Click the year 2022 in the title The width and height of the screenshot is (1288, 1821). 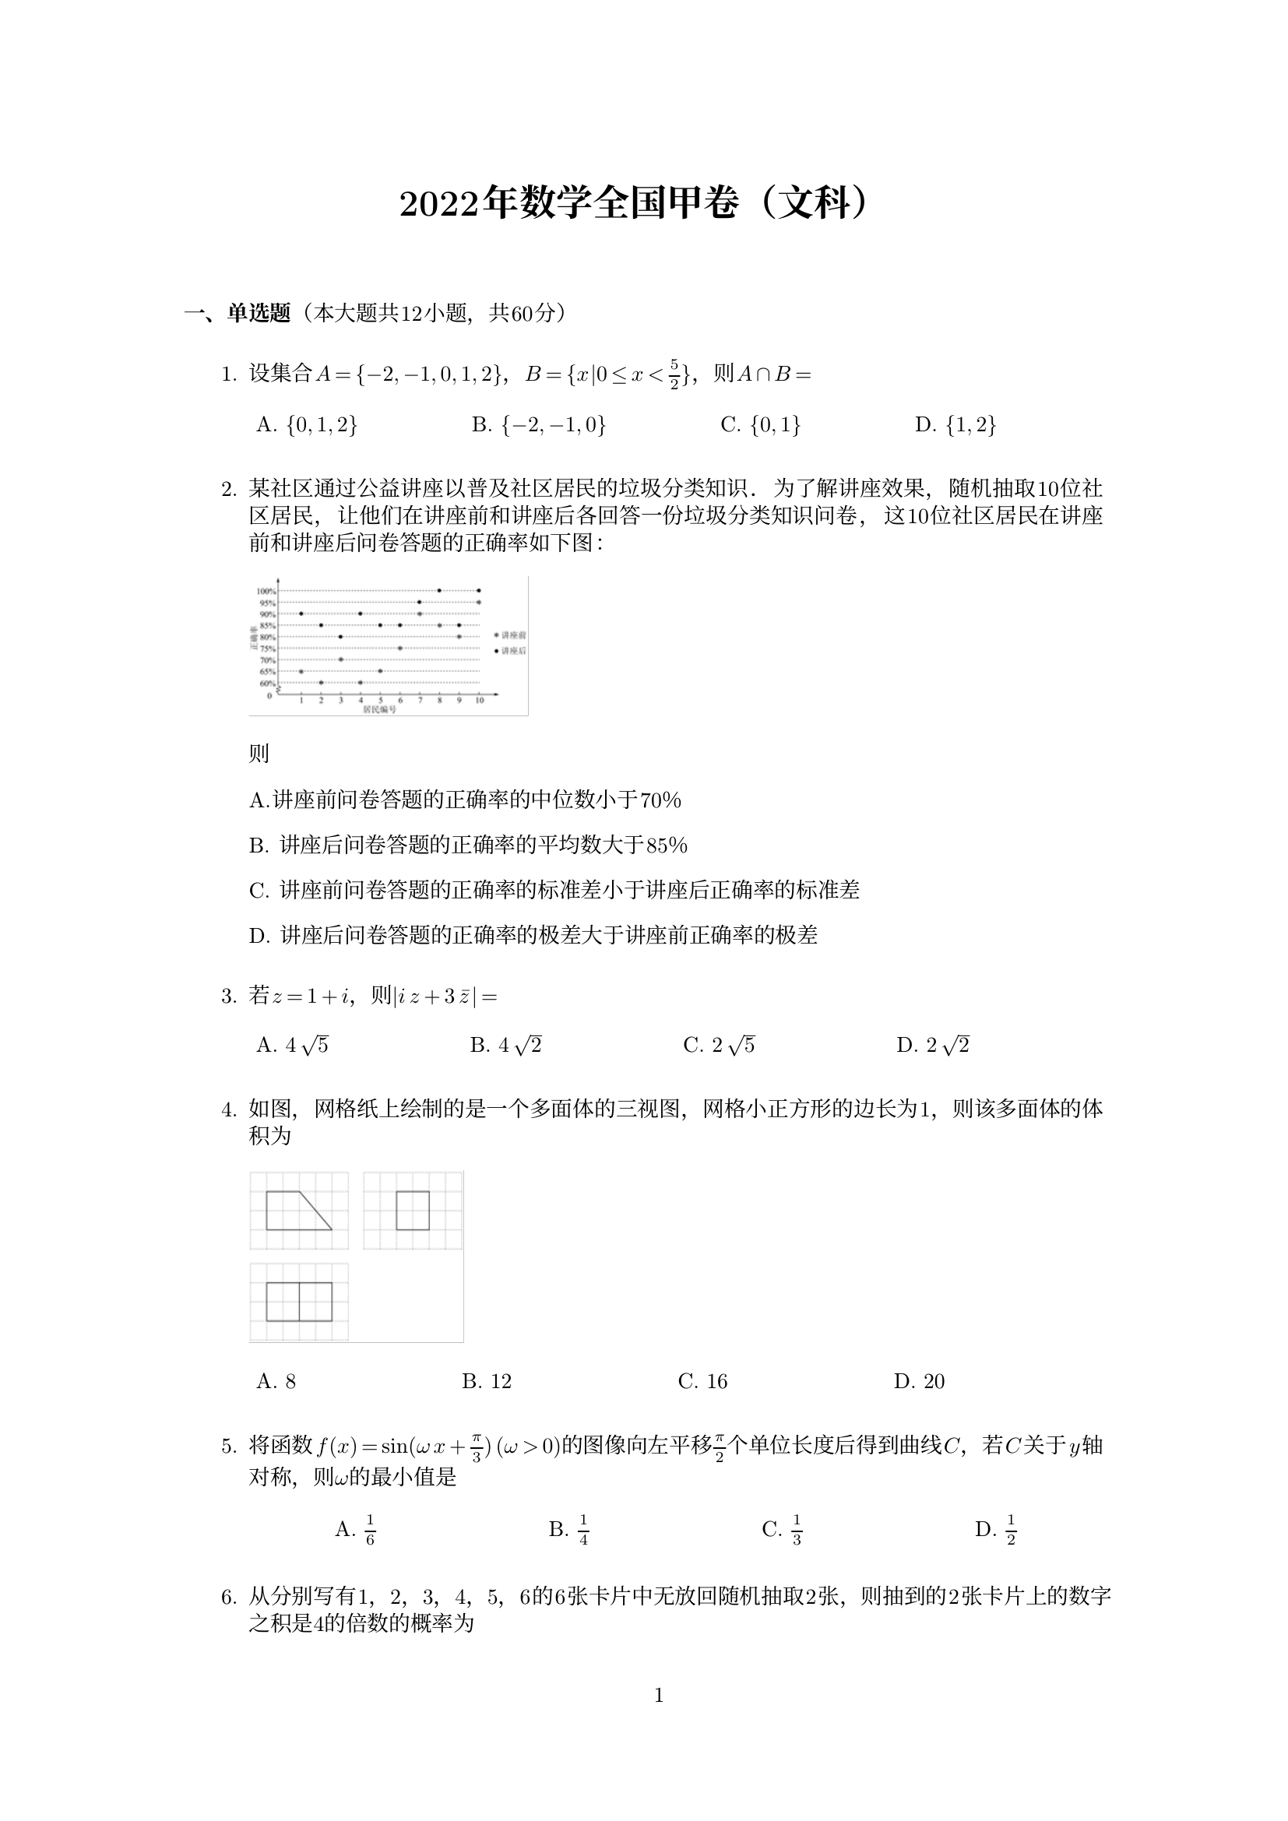click(x=441, y=205)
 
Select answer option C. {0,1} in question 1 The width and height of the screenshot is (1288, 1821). click(x=760, y=425)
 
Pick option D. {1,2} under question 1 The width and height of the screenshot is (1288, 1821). click(x=955, y=425)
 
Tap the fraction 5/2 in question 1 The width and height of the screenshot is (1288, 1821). click(x=674, y=374)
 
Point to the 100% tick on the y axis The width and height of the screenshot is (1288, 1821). click(x=266, y=591)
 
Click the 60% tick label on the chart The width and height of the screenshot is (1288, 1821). click(x=266, y=683)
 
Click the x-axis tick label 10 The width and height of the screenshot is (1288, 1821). click(x=479, y=701)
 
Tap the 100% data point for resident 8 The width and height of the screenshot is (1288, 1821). click(x=439, y=590)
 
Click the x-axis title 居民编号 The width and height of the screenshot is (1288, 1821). click(x=379, y=709)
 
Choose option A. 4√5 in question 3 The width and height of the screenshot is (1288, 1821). click(x=292, y=1046)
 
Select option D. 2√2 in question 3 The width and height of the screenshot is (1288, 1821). click(x=933, y=1046)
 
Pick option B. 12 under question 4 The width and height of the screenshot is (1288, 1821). click(x=486, y=1382)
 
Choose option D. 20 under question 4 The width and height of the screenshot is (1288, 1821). click(x=919, y=1382)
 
